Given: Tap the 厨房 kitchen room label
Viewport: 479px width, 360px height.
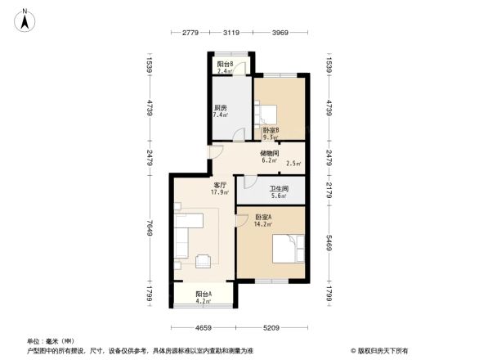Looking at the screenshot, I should click(x=221, y=107).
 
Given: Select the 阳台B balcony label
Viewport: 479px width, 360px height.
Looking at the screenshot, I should click(x=225, y=64).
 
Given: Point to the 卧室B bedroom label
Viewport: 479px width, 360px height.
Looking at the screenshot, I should click(x=271, y=130).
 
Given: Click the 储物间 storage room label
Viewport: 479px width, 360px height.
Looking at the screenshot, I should click(x=270, y=153).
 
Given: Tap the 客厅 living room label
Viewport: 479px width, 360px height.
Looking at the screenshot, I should click(x=219, y=185).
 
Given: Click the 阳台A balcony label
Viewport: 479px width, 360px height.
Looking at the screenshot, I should click(x=204, y=295).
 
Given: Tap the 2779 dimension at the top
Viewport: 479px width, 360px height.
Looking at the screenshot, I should click(x=190, y=33).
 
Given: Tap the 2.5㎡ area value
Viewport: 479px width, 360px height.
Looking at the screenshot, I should click(x=293, y=164).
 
